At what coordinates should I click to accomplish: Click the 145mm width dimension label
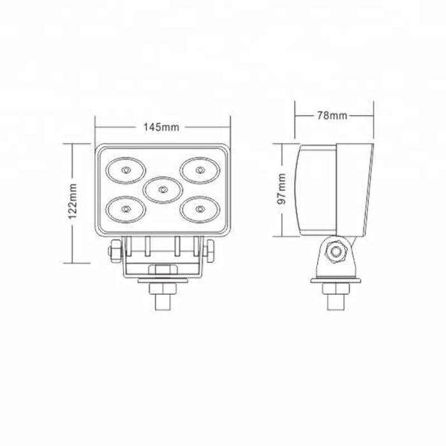click(161, 127)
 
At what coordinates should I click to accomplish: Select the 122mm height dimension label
click(73, 201)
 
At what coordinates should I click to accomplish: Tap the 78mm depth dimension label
click(332, 115)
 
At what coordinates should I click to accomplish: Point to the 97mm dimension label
click(282, 189)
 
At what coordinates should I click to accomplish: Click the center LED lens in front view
click(162, 190)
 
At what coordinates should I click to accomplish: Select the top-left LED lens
click(126, 170)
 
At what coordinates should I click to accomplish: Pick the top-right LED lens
click(200, 170)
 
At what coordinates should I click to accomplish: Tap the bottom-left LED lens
click(126, 210)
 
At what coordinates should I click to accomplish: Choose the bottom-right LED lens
click(200, 210)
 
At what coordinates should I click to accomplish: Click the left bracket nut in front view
click(115, 250)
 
